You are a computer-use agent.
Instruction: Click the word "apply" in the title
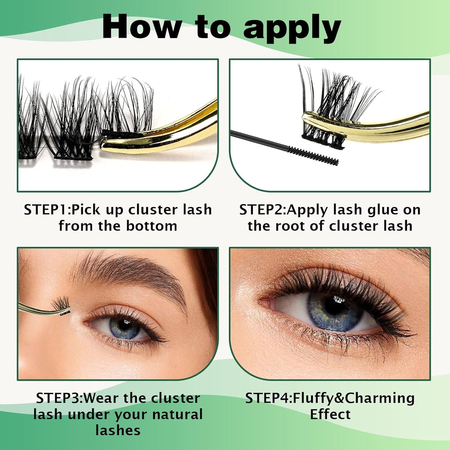292,29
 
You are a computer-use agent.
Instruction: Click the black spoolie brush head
313,156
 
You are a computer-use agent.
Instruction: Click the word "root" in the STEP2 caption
291,226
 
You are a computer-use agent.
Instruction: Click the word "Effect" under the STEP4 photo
330,414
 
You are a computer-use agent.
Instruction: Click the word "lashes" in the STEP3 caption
118,431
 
